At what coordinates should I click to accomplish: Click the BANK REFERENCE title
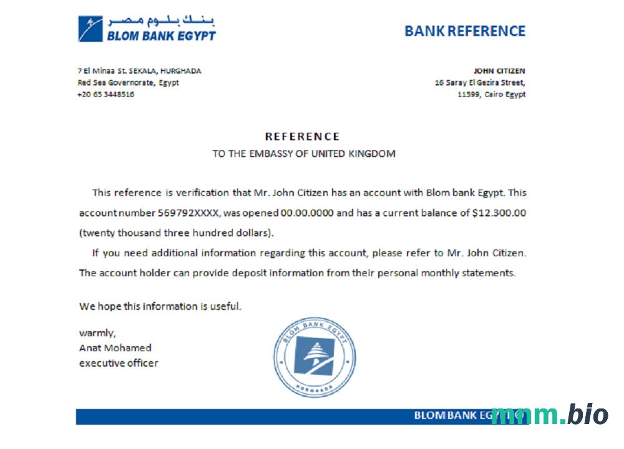tap(465, 31)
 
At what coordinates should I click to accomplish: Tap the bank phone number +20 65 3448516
tap(105, 94)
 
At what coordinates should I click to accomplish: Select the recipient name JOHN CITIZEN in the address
tap(499, 71)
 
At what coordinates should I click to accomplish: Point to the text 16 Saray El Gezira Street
tap(480, 82)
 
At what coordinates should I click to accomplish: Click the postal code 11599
tap(468, 94)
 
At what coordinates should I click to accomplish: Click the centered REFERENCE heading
tap(303, 136)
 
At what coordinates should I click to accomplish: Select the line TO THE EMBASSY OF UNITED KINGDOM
tap(304, 153)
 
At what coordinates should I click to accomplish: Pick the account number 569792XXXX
tap(188, 213)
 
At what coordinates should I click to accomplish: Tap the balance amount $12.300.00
tap(499, 213)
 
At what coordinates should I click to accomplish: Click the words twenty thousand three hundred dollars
tap(177, 233)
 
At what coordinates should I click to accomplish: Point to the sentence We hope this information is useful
tap(160, 306)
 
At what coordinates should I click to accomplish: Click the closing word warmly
tap(97, 332)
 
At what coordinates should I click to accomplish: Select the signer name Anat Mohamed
tap(115, 347)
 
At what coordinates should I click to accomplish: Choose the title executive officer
tap(119, 362)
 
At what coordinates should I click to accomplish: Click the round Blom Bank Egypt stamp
tap(315, 357)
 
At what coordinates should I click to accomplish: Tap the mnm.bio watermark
tap(549, 414)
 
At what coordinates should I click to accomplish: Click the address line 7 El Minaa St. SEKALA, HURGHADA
tap(139, 71)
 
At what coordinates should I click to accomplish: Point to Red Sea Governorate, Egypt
tap(128, 82)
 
